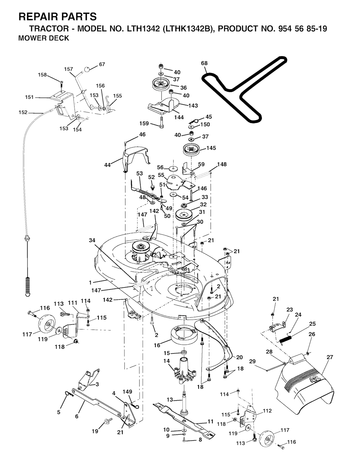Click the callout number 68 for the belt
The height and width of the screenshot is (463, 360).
tap(204, 63)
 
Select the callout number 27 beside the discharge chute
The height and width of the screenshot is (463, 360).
tap(329, 357)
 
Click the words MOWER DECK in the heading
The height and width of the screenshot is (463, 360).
tap(44, 39)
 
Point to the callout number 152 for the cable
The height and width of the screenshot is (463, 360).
tap(23, 112)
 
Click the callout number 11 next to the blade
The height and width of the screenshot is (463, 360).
tap(211, 421)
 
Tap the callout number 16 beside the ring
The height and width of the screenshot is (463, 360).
tap(157, 345)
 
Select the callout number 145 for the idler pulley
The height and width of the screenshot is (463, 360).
tap(211, 148)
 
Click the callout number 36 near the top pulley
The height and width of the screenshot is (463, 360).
tap(184, 88)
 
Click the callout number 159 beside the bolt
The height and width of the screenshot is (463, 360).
tap(144, 124)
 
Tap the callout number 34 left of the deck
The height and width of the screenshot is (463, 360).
tap(92, 240)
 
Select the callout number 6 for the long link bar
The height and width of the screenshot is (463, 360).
tap(77, 416)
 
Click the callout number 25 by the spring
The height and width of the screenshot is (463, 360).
tap(312, 324)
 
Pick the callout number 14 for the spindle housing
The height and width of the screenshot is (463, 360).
tap(166, 361)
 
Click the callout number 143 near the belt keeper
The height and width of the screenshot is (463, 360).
tap(193, 105)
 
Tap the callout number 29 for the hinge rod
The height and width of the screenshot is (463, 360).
tap(252, 361)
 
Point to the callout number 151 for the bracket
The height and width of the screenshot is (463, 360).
tap(30, 97)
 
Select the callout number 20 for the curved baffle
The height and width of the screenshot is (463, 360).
tap(239, 357)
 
